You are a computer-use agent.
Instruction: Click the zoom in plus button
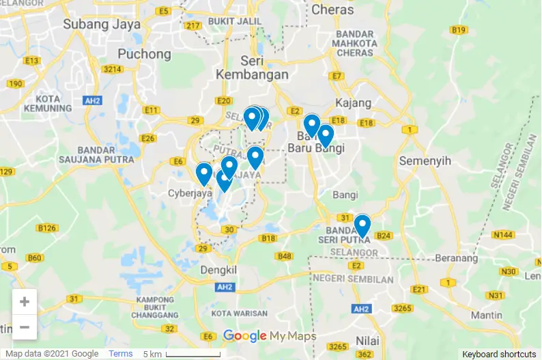pos(25,301)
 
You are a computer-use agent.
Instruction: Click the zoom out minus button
pos(25,327)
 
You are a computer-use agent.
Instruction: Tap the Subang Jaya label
pos(102,24)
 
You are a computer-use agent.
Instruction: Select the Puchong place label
pos(144,53)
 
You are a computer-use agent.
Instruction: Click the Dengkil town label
pos(218,270)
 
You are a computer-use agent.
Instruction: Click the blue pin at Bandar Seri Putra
pos(362,225)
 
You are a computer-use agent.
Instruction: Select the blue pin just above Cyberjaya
pos(203,174)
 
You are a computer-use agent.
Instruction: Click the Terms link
pos(121,354)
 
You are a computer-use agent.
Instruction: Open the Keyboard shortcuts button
pos(499,354)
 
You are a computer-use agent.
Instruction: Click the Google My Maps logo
pos(270,336)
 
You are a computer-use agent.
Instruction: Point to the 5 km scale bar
pos(192,354)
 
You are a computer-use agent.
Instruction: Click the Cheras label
pos(332,10)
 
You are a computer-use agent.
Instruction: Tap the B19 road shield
pos(459,29)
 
